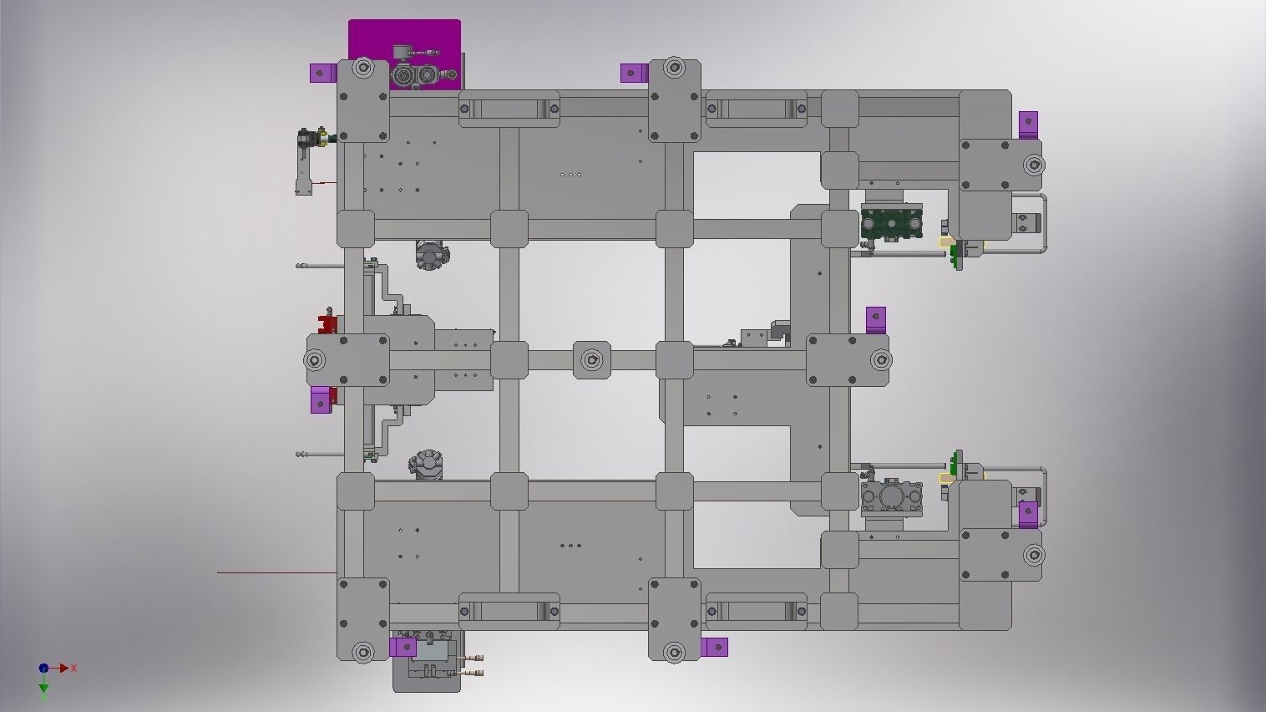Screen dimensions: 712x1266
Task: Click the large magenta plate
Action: [404, 38]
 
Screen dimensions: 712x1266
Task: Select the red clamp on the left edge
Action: [327, 323]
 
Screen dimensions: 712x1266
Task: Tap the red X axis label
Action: [74, 668]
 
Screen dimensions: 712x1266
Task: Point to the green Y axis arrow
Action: [43, 688]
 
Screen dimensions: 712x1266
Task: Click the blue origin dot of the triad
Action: [43, 668]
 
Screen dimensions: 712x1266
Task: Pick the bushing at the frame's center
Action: [591, 360]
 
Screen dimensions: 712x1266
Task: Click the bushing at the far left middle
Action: [315, 360]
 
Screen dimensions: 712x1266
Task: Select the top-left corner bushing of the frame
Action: [362, 68]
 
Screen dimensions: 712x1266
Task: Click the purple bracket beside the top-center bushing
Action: [635, 73]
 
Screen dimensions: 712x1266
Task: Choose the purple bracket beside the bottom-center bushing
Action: [714, 647]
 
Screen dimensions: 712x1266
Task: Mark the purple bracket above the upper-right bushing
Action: [1028, 124]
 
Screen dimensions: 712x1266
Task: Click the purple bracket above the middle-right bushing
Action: [875, 319]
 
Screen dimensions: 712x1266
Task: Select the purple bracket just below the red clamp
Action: [321, 399]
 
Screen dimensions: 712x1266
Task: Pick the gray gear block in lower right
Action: [891, 496]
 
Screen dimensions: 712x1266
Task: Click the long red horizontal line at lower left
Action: [276, 572]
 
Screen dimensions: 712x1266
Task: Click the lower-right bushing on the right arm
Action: [1033, 554]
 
